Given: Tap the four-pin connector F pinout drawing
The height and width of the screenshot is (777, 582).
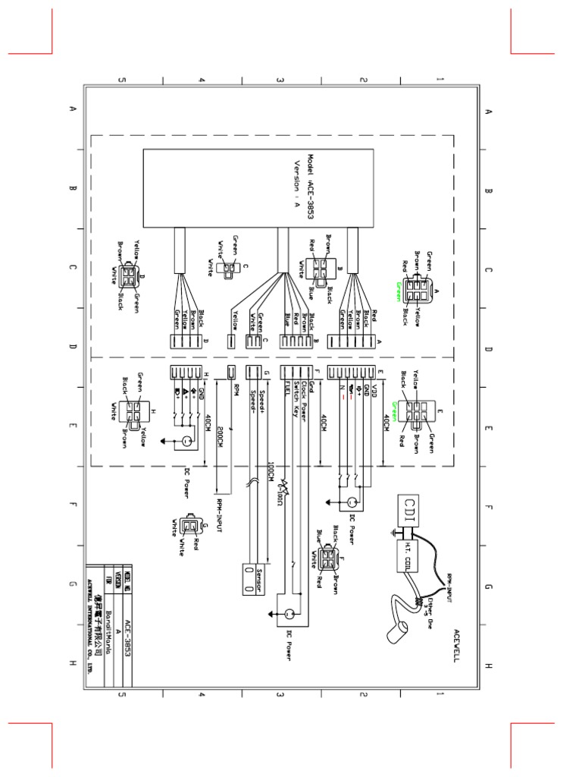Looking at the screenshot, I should [326, 560].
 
